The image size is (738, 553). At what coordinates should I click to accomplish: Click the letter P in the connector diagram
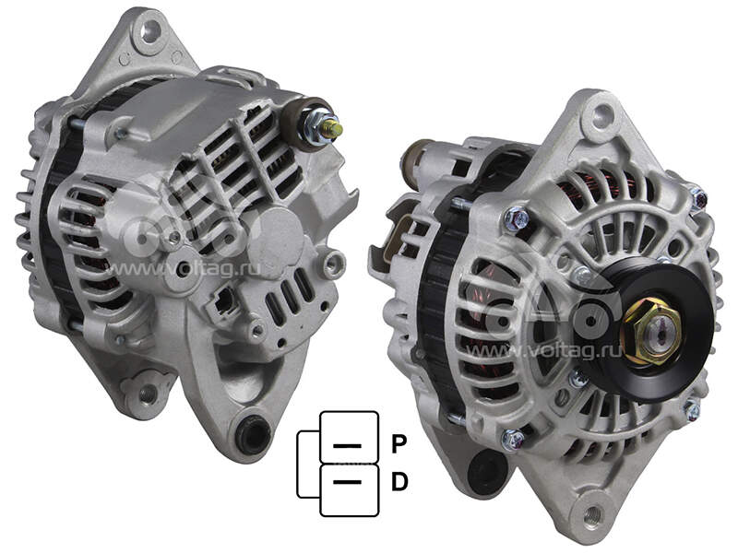(x=399, y=444)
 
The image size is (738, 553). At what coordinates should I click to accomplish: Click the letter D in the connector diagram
(x=399, y=482)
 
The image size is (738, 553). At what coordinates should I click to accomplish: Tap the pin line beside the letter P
(x=348, y=445)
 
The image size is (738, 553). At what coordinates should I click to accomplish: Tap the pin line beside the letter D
(x=348, y=482)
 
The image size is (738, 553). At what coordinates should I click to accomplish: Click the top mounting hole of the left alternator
(x=150, y=31)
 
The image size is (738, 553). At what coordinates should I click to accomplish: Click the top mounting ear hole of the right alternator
(x=603, y=114)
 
